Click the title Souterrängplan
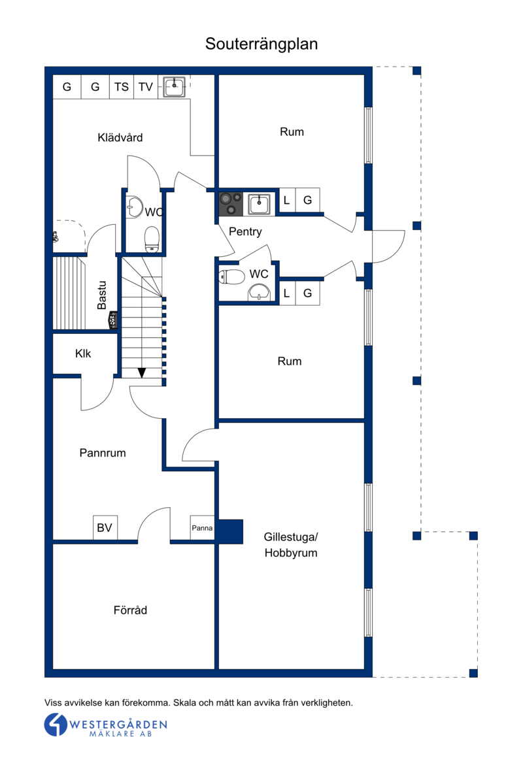(x=261, y=44)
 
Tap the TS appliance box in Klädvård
(x=121, y=87)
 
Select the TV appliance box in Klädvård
(x=145, y=87)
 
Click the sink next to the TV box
(x=174, y=86)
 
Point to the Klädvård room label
(x=120, y=137)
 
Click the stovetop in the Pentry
(x=231, y=204)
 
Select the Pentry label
(x=245, y=231)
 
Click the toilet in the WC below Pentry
(x=232, y=277)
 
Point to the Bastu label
(x=102, y=295)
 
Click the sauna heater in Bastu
(x=112, y=320)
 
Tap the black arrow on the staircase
(x=142, y=372)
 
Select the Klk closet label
(x=83, y=354)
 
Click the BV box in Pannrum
(x=105, y=528)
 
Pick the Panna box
(x=202, y=528)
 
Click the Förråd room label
(x=131, y=610)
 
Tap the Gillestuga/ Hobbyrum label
(x=291, y=545)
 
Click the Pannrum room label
(x=103, y=453)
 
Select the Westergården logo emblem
(x=56, y=725)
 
